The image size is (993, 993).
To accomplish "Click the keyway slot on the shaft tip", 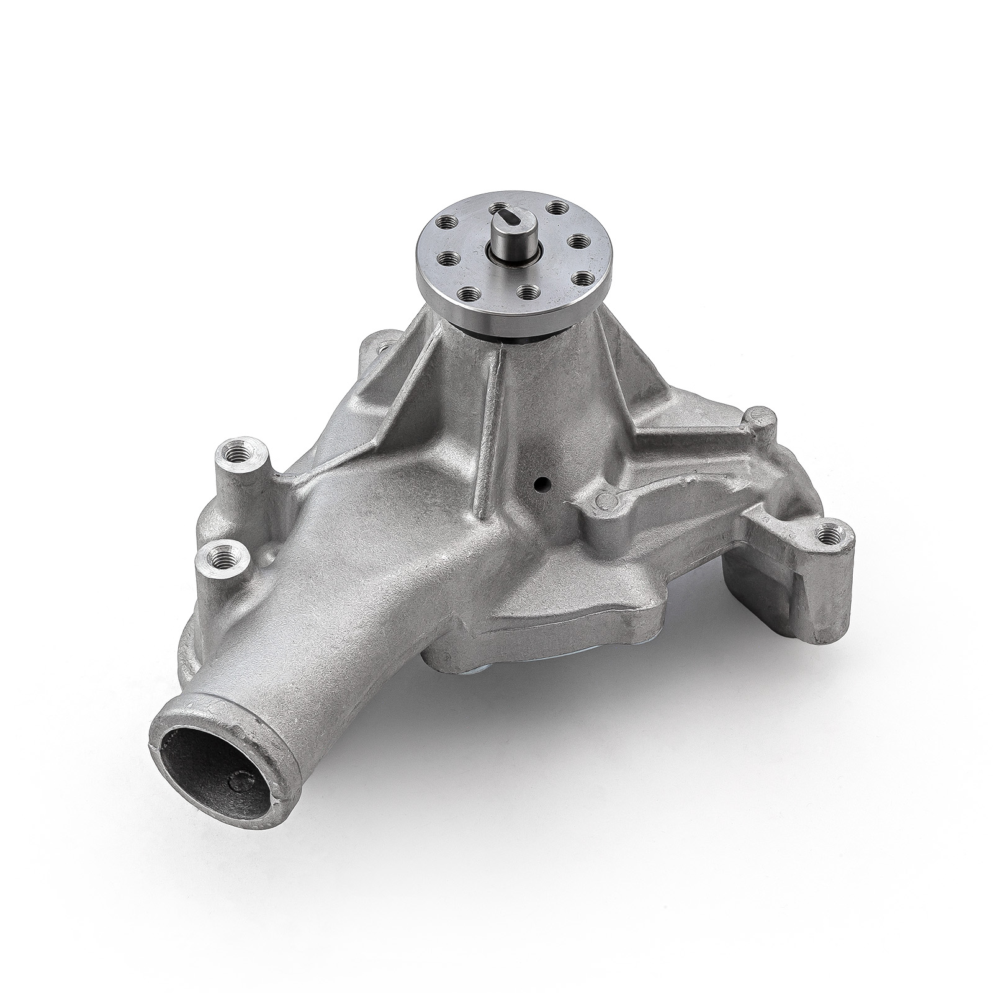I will coord(514,234).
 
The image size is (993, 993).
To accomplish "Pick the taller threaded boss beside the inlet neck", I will coord(234,457).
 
